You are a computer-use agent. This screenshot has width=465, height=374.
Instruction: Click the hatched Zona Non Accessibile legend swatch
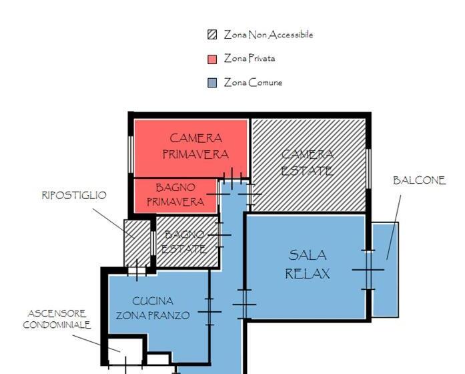(212, 35)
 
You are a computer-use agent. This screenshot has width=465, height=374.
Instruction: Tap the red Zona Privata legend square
(212, 59)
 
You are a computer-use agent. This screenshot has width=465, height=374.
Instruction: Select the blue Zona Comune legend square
(212, 83)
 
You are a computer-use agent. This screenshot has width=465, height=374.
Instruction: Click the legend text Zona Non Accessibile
(268, 35)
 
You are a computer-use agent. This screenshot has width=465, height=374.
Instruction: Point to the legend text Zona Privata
(250, 59)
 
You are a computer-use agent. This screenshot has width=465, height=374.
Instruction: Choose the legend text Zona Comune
(253, 83)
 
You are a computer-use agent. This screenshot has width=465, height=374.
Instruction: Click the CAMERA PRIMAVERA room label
(195, 146)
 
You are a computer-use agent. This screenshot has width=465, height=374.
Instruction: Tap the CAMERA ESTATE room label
(307, 162)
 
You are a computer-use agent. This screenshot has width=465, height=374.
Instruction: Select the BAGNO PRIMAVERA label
(175, 195)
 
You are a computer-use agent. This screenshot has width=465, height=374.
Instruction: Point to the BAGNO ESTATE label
(184, 242)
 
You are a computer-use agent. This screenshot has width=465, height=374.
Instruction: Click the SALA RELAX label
(308, 264)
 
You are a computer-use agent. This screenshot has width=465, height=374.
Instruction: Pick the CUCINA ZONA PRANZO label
(153, 308)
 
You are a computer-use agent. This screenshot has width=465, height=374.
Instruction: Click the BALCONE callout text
(419, 181)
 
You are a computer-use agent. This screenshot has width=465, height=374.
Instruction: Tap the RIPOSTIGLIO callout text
(74, 195)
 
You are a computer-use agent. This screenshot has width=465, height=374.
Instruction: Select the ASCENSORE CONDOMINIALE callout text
(57, 319)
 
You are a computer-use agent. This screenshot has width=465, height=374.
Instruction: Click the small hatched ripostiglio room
(137, 239)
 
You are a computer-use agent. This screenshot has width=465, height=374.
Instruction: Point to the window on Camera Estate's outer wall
(368, 167)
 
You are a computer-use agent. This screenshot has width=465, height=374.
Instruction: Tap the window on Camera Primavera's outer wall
(131, 157)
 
